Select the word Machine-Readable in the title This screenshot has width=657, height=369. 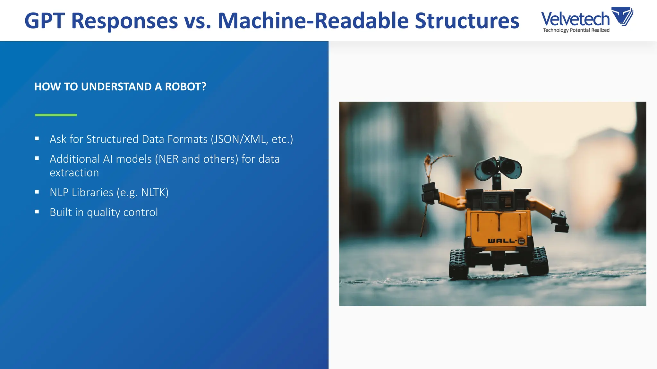[313, 21]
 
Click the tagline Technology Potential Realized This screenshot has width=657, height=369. [576, 30]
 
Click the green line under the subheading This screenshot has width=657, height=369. [56, 115]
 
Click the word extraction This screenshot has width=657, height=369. [74, 173]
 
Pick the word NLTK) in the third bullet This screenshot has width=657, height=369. [155, 193]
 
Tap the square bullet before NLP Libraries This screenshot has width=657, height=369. [37, 192]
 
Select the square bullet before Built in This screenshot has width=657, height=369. [37, 212]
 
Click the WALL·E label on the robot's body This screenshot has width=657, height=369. [506, 241]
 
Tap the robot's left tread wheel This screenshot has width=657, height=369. [459, 263]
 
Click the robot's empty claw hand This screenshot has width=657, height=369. [560, 221]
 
